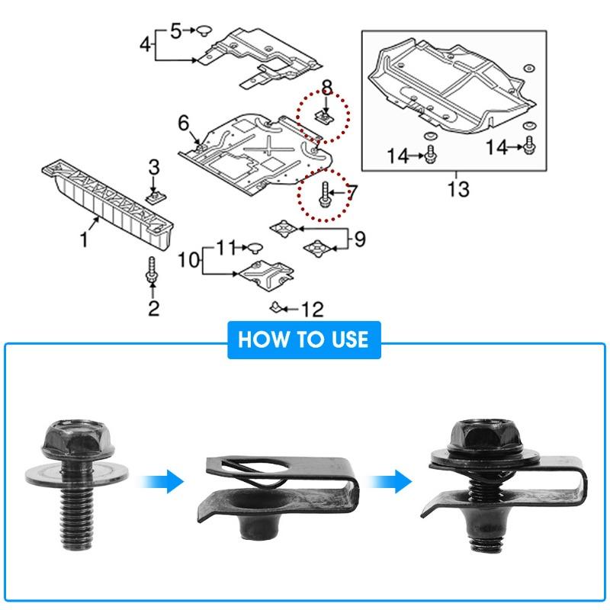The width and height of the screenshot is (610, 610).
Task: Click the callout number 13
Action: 458,188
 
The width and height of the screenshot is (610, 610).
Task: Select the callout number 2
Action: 154,308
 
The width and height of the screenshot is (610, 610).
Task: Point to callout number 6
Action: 183,123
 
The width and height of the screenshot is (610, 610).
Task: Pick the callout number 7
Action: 352,193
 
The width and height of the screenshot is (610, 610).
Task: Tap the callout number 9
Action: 359,239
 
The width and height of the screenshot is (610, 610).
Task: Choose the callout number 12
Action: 312,309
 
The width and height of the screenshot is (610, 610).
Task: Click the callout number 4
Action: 145,43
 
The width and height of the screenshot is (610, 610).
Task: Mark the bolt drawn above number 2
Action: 152,271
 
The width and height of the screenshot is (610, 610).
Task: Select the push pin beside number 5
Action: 204,30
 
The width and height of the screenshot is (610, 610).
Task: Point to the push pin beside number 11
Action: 255,247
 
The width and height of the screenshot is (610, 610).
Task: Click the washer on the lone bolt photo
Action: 78,464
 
